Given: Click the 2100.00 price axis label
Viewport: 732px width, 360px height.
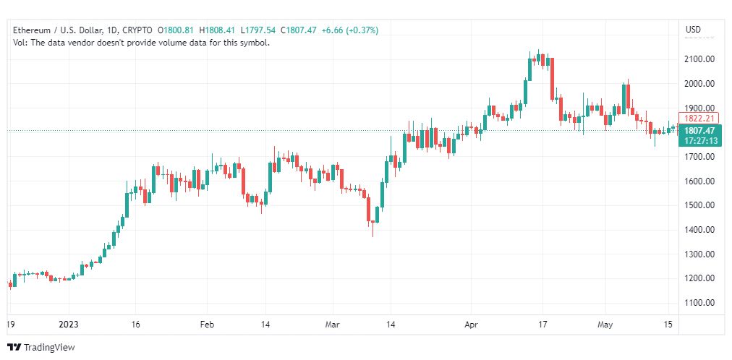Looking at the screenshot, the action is (x=699, y=59).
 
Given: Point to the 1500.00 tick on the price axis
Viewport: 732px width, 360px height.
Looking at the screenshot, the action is (x=699, y=205).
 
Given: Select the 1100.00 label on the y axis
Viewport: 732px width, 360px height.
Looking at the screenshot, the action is (x=699, y=303).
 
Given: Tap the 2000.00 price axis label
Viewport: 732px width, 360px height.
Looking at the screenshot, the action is (x=699, y=84).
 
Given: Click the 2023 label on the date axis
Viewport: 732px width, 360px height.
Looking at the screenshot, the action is (x=69, y=325).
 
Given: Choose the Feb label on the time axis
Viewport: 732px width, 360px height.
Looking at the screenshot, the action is (x=207, y=325).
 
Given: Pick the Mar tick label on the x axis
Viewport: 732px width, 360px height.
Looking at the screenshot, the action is (x=333, y=325).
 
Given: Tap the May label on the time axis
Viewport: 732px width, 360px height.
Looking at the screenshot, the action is (x=605, y=325).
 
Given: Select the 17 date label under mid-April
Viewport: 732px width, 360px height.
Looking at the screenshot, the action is (x=542, y=325).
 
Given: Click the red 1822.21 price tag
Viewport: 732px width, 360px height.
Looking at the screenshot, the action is (x=699, y=119).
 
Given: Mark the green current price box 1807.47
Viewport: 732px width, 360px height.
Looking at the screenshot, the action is (x=699, y=131).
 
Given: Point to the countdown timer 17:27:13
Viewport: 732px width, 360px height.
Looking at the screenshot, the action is (x=699, y=140).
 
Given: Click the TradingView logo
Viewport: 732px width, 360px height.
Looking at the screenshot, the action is (x=41, y=347).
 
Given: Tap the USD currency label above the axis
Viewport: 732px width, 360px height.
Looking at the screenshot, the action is (x=693, y=30).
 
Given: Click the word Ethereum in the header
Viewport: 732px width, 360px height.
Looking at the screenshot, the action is (x=32, y=30).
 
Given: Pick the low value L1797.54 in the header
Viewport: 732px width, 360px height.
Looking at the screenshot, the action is (x=258, y=30).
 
